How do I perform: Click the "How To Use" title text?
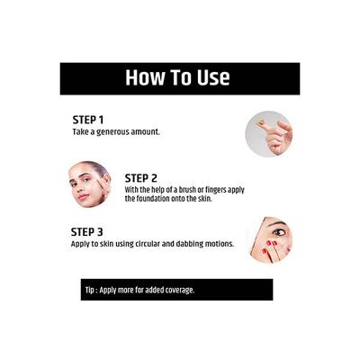[x=177, y=77]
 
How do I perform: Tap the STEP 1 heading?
[x=88, y=119]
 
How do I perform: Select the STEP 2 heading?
[x=141, y=177]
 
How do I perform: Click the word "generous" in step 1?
[x=112, y=131]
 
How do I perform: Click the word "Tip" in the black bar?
[x=90, y=290]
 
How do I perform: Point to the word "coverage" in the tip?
[x=176, y=290]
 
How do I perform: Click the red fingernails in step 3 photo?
[x=269, y=252]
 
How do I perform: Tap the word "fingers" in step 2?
[x=213, y=190]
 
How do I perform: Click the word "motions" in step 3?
[x=220, y=243]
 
